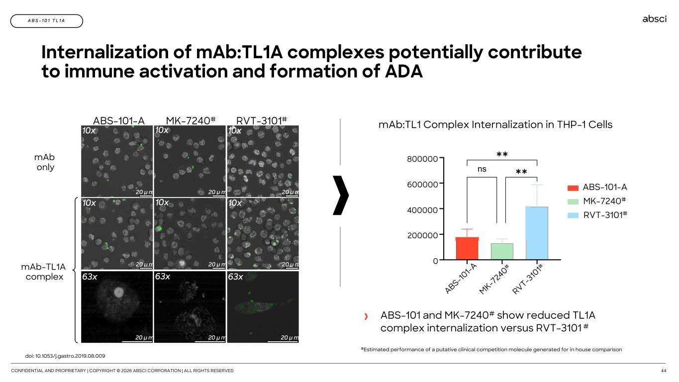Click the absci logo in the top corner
pyautogui.click(x=654, y=19)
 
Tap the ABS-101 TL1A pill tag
pyautogui.click(x=47, y=21)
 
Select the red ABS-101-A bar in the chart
pyautogui.click(x=467, y=248)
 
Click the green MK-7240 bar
pyautogui.click(x=502, y=251)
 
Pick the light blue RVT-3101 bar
pyautogui.click(x=537, y=233)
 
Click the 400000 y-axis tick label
pyautogui.click(x=422, y=210)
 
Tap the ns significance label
pyautogui.click(x=482, y=169)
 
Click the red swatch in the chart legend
pyautogui.click(x=573, y=188)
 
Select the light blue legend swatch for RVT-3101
pyautogui.click(x=573, y=215)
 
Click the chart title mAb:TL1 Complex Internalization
pyautogui.click(x=495, y=125)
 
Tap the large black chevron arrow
pyautogui.click(x=341, y=195)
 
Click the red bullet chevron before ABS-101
pyautogui.click(x=366, y=316)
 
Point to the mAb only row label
pyautogui.click(x=45, y=162)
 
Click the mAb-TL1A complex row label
pyautogui.click(x=43, y=272)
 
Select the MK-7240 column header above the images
pyautogui.click(x=191, y=121)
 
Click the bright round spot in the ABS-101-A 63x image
pyautogui.click(x=118, y=292)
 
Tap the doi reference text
pyautogui.click(x=65, y=356)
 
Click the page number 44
pyautogui.click(x=664, y=371)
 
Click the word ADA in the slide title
pyautogui.click(x=404, y=71)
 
